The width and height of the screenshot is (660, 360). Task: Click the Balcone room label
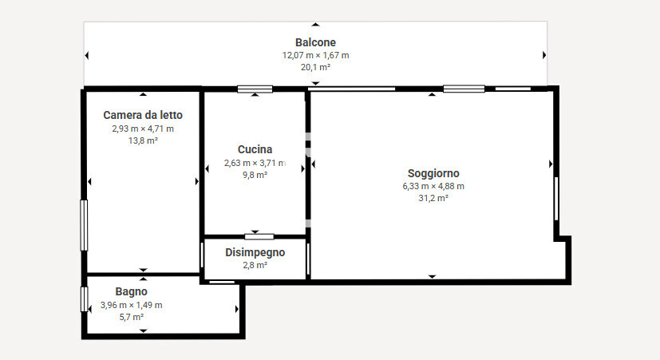[315, 42]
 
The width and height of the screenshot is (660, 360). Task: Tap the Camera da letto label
[143, 115]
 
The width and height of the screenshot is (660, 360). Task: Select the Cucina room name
[255, 149]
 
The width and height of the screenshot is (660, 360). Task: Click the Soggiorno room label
[433, 173]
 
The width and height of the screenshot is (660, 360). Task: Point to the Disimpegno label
[255, 252]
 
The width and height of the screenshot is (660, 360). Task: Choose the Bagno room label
[132, 291]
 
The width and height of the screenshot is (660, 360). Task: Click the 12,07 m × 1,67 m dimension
[315, 55]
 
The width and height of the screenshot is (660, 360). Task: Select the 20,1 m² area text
[315, 67]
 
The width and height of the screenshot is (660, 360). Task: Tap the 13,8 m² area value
[143, 140]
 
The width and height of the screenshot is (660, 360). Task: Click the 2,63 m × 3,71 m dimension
[255, 163]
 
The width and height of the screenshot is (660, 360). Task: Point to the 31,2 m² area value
[433, 198]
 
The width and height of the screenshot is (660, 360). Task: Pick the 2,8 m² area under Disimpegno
[255, 265]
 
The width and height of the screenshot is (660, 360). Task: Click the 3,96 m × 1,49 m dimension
[132, 305]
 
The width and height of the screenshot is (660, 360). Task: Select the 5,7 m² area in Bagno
[132, 317]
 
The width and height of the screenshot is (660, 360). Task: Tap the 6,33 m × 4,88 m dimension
[433, 186]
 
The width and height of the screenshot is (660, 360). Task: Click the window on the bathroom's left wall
[84, 299]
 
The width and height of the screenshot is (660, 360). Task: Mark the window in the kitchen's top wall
[255, 89]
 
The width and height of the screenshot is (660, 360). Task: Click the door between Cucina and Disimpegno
[259, 236]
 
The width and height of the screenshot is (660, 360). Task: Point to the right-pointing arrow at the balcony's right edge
[544, 55]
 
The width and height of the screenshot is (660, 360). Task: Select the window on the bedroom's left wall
[84, 225]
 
